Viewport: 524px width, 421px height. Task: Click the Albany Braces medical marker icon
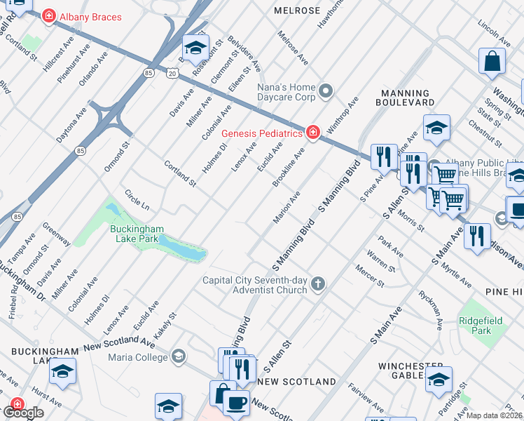49,16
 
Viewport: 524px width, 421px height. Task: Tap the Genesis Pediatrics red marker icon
312,133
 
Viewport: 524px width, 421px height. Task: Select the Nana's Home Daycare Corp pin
325,91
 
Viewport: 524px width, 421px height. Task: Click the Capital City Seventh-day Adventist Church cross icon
318,284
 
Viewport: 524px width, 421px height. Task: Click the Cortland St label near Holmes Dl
179,173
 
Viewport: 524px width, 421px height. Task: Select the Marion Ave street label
287,208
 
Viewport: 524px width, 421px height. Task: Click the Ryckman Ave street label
430,310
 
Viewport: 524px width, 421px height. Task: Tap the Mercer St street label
369,276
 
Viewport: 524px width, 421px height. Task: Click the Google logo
23,413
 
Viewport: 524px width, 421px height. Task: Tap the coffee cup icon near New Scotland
236,402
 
